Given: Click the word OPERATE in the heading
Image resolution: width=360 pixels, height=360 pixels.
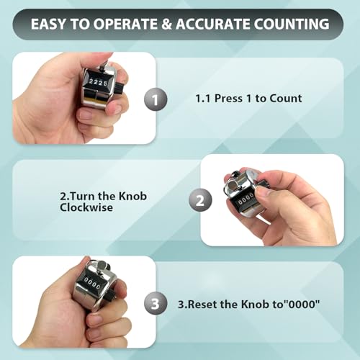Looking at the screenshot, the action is click(125, 24).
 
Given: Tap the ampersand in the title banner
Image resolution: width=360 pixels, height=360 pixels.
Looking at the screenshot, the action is click(166, 24).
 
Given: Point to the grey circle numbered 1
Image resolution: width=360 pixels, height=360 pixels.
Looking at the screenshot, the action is click(156, 99).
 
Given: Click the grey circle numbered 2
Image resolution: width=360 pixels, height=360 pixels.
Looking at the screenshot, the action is click(200, 200).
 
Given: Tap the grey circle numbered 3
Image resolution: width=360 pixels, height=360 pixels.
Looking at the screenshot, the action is click(156, 303).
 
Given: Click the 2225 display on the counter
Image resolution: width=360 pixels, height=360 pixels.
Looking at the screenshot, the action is click(98, 83).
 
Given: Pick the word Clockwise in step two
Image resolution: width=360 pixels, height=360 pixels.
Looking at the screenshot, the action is click(86, 207).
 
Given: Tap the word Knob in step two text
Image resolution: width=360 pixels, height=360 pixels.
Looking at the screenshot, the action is click(132, 196).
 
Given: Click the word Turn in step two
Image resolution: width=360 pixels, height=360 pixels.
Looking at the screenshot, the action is click(82, 196).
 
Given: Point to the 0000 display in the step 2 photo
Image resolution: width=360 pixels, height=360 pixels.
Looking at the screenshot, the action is click(246, 200).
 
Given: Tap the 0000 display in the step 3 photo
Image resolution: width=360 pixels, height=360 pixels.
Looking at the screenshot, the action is click(91, 283).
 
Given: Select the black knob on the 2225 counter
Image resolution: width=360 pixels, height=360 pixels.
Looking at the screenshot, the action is click(119, 87).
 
